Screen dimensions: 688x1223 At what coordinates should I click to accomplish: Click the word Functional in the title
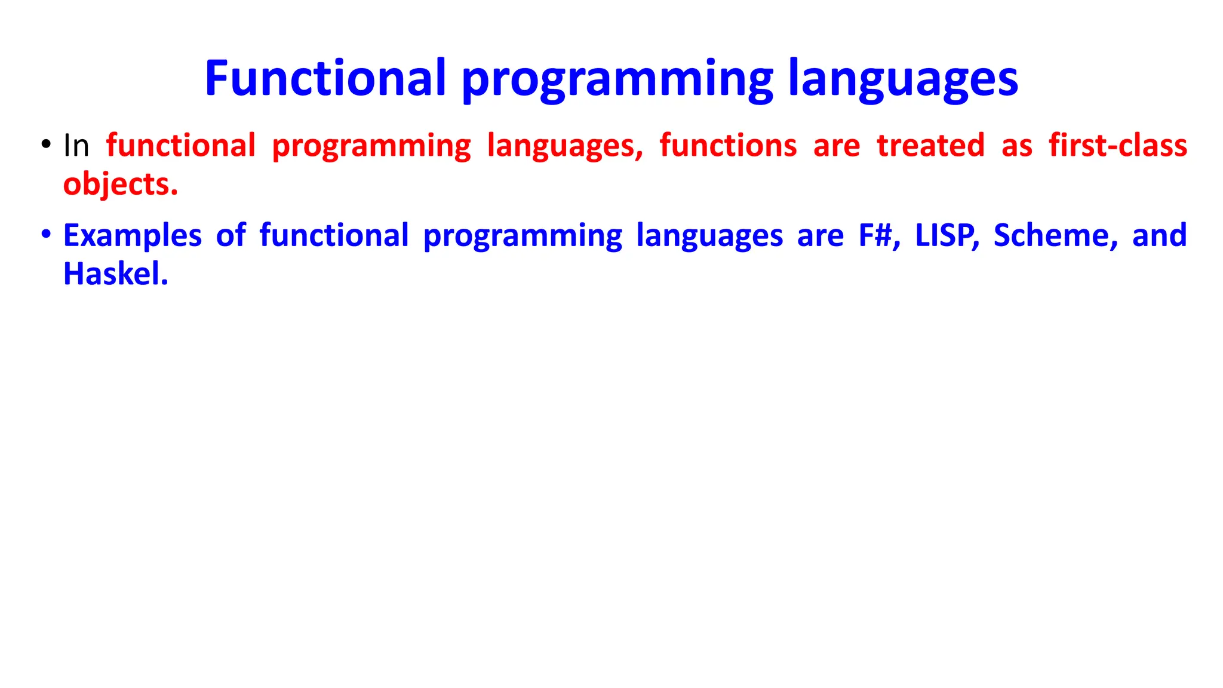(x=325, y=78)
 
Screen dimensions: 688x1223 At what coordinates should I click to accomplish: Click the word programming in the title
(x=617, y=81)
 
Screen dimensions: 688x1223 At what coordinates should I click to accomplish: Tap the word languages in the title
(x=903, y=81)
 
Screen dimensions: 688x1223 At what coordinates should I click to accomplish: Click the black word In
(x=76, y=146)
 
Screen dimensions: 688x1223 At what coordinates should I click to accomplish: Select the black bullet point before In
(x=46, y=144)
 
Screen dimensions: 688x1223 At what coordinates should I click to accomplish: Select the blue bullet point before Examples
(x=46, y=234)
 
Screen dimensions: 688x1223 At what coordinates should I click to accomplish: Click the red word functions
(x=728, y=146)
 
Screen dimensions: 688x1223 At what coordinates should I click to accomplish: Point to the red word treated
(x=930, y=146)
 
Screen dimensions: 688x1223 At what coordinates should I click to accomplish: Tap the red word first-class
(x=1118, y=146)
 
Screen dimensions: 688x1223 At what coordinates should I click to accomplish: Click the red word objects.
(x=121, y=185)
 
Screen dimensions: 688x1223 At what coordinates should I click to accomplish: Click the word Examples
(x=133, y=236)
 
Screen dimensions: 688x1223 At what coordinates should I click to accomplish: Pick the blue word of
(x=231, y=235)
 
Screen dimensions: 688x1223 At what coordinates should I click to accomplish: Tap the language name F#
(x=878, y=235)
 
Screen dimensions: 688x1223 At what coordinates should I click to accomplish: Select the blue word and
(x=1159, y=235)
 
